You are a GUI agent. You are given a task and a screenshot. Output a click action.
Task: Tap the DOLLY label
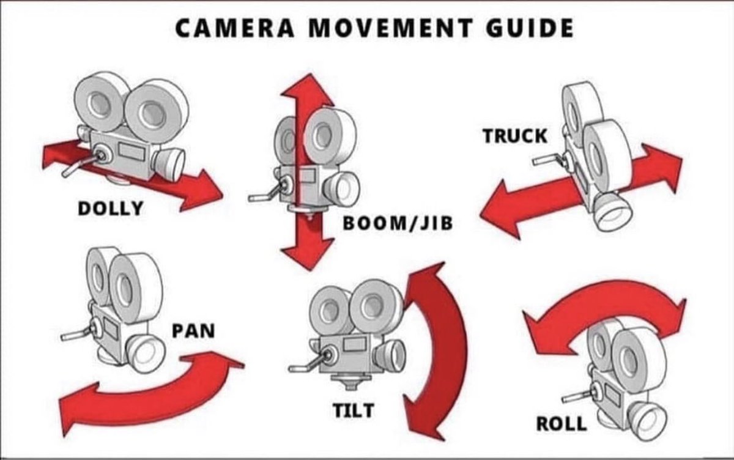pos(110,208)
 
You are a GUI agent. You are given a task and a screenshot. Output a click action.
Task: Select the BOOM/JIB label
pos(398,223)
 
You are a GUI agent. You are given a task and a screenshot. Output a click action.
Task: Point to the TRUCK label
pos(515,136)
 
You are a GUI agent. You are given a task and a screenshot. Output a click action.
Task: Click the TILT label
pos(353,410)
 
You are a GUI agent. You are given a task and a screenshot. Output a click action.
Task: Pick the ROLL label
pos(561,423)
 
